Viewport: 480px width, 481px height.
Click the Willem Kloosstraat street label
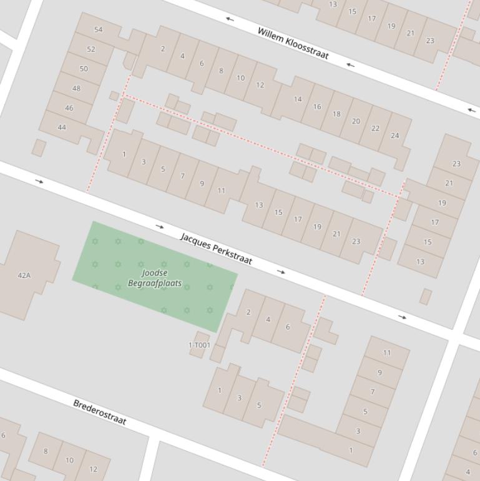[x=293, y=43]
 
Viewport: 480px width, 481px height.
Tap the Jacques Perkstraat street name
[x=216, y=249]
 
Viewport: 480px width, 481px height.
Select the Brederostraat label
[x=100, y=412]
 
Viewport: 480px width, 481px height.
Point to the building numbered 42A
[x=24, y=275]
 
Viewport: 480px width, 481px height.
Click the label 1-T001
[x=199, y=345]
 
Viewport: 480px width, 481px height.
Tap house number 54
[x=99, y=29]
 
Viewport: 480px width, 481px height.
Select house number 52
[x=91, y=49]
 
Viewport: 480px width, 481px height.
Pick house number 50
[x=84, y=69]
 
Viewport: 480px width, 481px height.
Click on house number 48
[x=76, y=88]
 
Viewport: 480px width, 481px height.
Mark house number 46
[x=69, y=107]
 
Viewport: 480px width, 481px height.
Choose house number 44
[x=62, y=127]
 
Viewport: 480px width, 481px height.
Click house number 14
[x=298, y=99]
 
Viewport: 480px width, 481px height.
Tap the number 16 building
[x=317, y=106]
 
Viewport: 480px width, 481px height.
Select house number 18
[x=336, y=114]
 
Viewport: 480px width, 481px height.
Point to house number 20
[x=356, y=121]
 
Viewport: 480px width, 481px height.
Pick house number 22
[x=375, y=128]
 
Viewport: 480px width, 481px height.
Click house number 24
[x=394, y=136]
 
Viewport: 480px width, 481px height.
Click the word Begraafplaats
[x=155, y=283]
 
